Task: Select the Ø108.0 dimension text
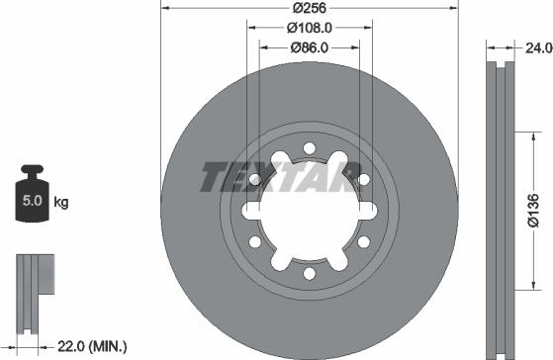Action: point(309,29)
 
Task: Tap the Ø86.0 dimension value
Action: point(309,46)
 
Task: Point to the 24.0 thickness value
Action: point(535,45)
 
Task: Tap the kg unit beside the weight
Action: point(61,204)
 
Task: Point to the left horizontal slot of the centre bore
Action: point(247,210)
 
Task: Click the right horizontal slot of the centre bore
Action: point(370,210)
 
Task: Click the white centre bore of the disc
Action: point(309,210)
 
